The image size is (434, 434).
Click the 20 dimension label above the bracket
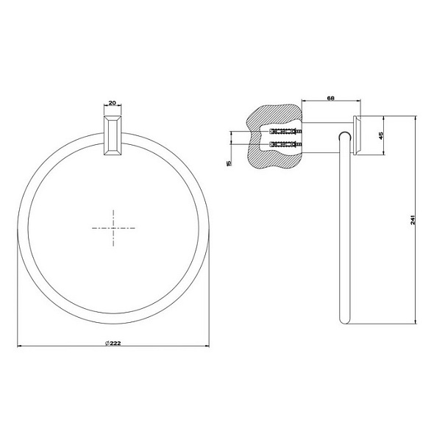click(112, 103)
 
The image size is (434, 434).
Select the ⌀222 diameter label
click(113, 343)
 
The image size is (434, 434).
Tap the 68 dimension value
click(331, 98)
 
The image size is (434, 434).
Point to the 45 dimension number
click(380, 135)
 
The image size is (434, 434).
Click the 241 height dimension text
click(413, 219)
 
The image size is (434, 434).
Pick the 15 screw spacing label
click(229, 163)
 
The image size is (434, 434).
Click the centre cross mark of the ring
click(113, 228)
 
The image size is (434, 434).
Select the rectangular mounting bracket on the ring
click(113, 135)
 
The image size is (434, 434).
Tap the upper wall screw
click(285, 132)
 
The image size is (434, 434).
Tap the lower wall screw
click(285, 144)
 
